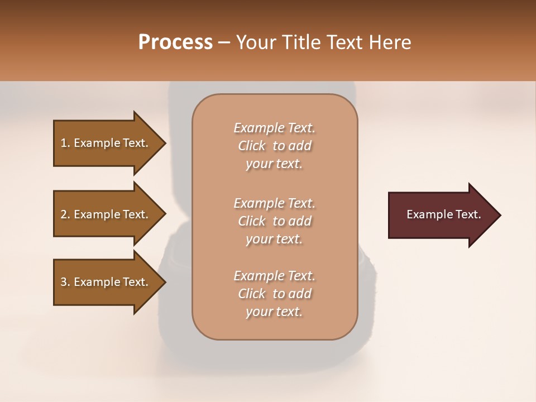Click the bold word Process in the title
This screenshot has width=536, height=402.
tap(175, 42)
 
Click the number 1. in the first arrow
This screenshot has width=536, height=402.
tap(65, 143)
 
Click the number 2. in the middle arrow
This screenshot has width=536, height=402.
tap(65, 214)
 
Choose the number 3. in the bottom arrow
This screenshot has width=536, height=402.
tap(65, 282)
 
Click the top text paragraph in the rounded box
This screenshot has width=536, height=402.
tap(274, 146)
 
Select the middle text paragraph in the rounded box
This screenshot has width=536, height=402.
tap(274, 221)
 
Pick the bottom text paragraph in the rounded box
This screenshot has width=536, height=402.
tap(274, 294)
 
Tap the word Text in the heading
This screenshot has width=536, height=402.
tap(344, 42)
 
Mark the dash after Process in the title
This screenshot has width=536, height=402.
tap(224, 43)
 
